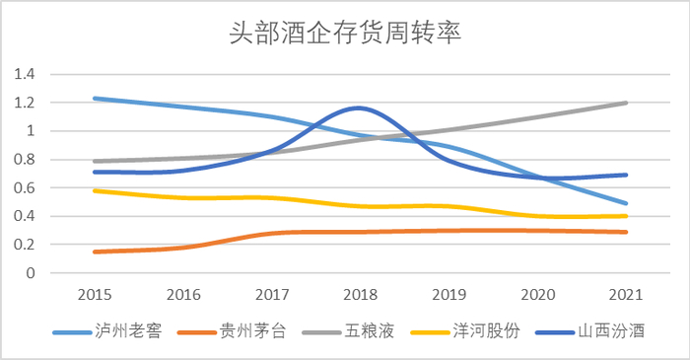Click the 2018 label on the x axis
pos(359,295)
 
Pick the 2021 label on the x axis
pos(626,295)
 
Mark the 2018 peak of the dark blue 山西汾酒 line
pos(359,108)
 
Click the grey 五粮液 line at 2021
pos(627,103)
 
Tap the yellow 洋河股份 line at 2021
pos(627,216)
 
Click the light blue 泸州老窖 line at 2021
pos(627,203)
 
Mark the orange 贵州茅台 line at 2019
pos(448,231)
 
